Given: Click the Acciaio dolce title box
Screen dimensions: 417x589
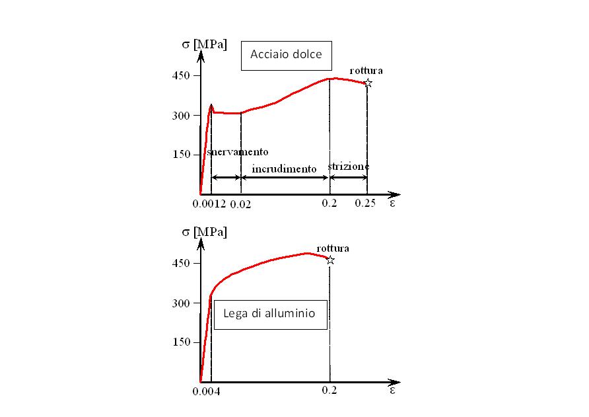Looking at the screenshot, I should point(286,54).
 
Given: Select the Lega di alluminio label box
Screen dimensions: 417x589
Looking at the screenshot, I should point(271,314).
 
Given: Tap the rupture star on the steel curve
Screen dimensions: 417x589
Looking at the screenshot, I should point(368,83).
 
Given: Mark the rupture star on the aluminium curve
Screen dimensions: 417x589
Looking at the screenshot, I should point(330,260).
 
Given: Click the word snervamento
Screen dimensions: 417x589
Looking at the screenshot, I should point(238,152).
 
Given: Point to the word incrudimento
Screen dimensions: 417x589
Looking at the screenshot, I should point(284,169).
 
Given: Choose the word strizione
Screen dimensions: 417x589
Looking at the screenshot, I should point(348,167).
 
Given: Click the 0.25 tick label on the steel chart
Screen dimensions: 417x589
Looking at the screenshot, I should point(365,204).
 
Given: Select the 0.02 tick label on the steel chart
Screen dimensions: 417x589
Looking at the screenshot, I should point(240,204).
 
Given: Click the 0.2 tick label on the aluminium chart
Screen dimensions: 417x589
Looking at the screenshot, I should point(329,391).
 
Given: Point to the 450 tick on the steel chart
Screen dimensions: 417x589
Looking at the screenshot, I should point(182,75).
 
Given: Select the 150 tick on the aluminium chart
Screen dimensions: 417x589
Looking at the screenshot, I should point(182,342).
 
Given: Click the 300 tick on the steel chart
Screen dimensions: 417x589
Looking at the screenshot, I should point(182,115).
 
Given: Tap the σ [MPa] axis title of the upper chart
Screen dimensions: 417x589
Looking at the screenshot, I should point(204,45).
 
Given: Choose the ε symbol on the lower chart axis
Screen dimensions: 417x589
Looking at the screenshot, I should point(392,390).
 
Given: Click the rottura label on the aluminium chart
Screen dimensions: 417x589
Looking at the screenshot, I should point(333,248).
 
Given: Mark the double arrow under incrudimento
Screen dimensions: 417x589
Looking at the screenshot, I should point(285,178).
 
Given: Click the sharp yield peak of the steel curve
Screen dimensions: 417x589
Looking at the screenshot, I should point(211,104).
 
